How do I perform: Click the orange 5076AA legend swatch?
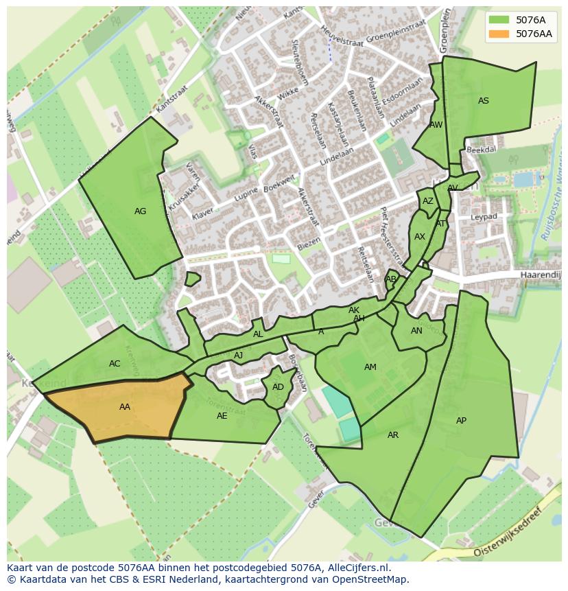(x=499, y=34)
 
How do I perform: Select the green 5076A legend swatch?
(x=499, y=20)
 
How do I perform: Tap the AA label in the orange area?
(x=124, y=407)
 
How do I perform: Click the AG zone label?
(x=140, y=211)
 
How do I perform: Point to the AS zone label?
(x=484, y=101)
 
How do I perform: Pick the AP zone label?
(x=461, y=421)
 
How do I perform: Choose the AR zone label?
(x=392, y=435)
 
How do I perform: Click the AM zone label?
(x=370, y=367)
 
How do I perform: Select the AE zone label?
(x=222, y=416)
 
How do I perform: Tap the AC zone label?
(x=115, y=364)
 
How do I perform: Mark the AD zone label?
(x=278, y=387)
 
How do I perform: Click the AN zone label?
(x=416, y=331)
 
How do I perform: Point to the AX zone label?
(x=420, y=237)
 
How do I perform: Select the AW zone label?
(x=436, y=125)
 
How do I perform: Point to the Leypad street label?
(x=484, y=217)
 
